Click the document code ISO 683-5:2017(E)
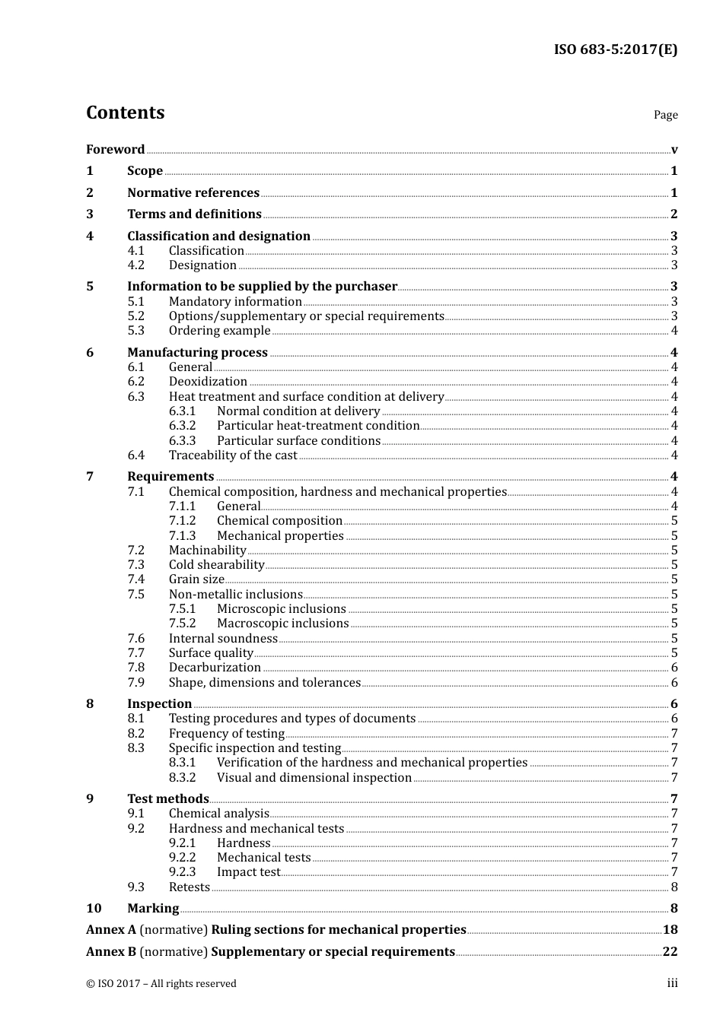[x=615, y=50]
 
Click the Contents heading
[x=125, y=113]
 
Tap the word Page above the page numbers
[x=665, y=115]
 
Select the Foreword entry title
[x=115, y=150]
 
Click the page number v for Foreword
[x=674, y=150]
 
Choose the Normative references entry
[x=193, y=193]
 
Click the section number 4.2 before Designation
[x=136, y=265]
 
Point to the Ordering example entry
[x=219, y=331]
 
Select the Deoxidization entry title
[x=208, y=382]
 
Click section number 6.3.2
[x=182, y=426]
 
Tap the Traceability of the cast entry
[x=233, y=455]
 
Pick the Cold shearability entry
[x=216, y=565]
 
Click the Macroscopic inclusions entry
[x=282, y=624]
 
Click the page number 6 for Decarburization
[x=674, y=668]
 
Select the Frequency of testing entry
[x=226, y=734]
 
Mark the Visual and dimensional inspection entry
[x=314, y=778]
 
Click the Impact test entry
[x=248, y=872]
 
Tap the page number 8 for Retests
[x=674, y=887]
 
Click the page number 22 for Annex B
[x=670, y=952]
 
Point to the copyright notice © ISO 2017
[x=161, y=984]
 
